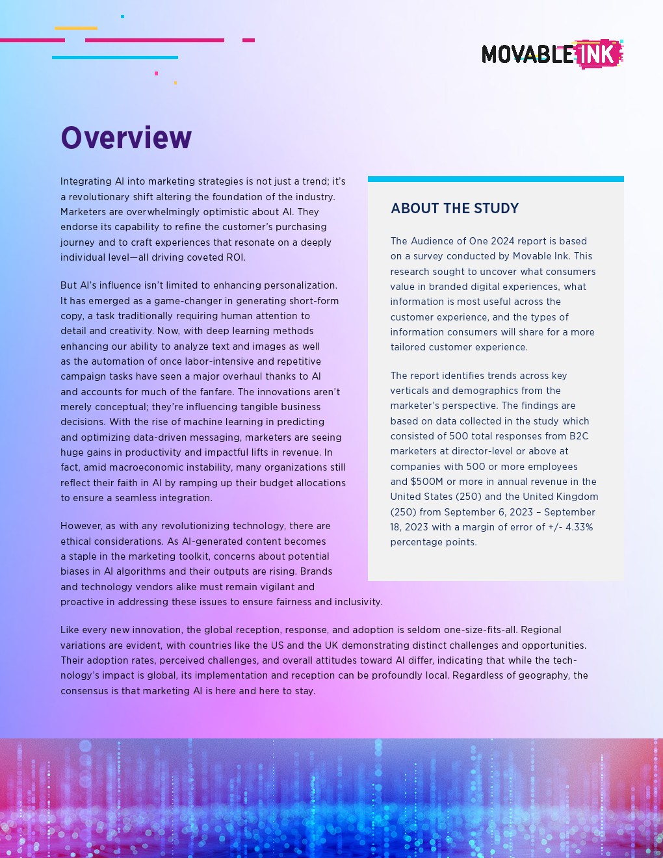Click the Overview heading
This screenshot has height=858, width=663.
tap(126, 138)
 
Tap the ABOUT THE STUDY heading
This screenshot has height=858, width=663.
tap(454, 209)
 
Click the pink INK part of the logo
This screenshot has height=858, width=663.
tap(598, 54)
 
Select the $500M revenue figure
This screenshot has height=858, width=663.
tap(426, 482)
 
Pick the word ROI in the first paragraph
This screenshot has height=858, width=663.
tap(235, 257)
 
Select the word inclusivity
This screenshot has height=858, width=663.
tap(357, 602)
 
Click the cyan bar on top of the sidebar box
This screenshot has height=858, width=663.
tap(495, 179)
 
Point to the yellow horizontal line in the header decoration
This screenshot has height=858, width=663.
tap(75, 28)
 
